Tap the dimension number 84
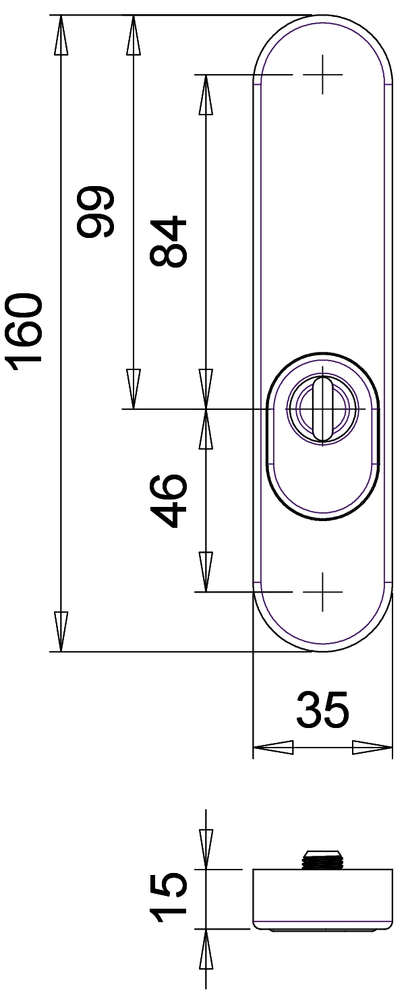169,242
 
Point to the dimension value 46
169,500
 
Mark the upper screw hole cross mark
323,74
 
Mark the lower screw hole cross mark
323,592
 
